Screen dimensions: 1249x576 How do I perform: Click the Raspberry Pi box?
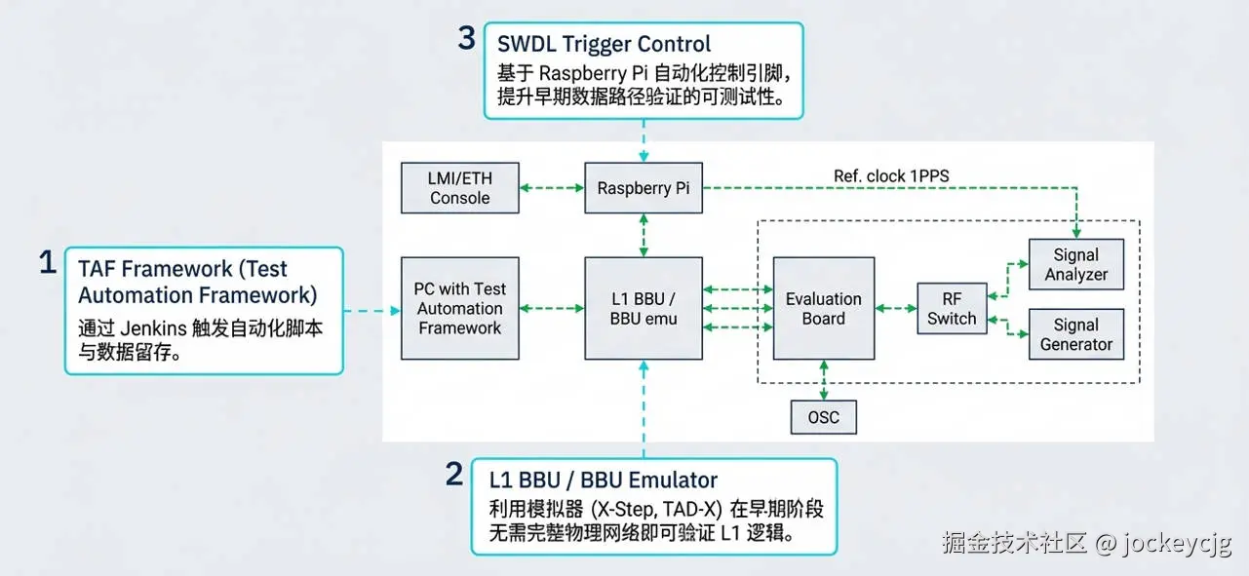(x=644, y=188)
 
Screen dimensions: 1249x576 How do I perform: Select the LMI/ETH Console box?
(x=460, y=188)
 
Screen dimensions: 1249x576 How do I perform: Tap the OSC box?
(x=824, y=417)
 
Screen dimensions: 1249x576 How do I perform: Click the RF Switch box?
(x=952, y=308)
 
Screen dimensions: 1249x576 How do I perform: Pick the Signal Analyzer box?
(x=1076, y=264)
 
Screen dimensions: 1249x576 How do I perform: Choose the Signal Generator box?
(x=1076, y=334)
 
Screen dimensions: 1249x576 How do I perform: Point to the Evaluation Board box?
(x=824, y=308)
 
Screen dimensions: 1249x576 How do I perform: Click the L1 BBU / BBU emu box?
(x=644, y=308)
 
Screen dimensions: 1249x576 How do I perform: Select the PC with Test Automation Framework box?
(x=460, y=308)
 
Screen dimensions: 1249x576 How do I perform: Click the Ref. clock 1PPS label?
(x=891, y=176)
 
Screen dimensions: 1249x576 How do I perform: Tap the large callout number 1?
(x=48, y=262)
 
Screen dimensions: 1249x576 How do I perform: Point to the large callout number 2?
(x=454, y=474)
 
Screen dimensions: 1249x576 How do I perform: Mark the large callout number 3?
(x=467, y=38)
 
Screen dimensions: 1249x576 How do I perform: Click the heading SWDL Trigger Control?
(x=604, y=44)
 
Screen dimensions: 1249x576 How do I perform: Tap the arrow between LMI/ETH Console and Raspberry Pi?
(x=552, y=188)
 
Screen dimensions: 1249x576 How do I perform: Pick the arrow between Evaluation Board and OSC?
(x=824, y=380)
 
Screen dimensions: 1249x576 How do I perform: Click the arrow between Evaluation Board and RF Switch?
(x=896, y=308)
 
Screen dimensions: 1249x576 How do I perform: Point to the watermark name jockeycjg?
(x=1177, y=543)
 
